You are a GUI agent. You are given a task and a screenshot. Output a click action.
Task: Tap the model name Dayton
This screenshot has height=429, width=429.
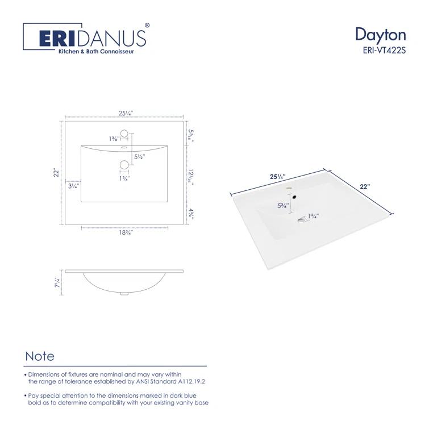(x=380, y=34)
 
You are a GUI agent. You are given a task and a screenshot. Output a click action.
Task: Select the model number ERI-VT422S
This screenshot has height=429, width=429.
(x=384, y=49)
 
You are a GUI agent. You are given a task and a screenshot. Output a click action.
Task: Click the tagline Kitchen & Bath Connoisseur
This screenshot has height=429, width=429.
(x=93, y=52)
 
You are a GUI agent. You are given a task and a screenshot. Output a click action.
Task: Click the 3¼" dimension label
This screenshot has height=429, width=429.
(x=73, y=186)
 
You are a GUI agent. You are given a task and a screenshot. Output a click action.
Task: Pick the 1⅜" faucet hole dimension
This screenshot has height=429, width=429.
(x=114, y=139)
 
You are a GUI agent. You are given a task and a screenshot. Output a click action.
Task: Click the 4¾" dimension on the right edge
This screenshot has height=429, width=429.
(x=192, y=213)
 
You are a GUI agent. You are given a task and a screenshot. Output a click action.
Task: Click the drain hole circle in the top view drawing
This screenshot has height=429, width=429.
(x=124, y=165)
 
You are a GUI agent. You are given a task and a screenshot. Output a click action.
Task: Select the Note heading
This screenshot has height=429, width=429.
(x=40, y=356)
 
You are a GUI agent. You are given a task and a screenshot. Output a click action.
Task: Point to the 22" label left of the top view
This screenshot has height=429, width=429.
(x=56, y=172)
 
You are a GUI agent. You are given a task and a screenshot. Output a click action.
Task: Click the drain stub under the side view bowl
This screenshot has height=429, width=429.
(x=124, y=294)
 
